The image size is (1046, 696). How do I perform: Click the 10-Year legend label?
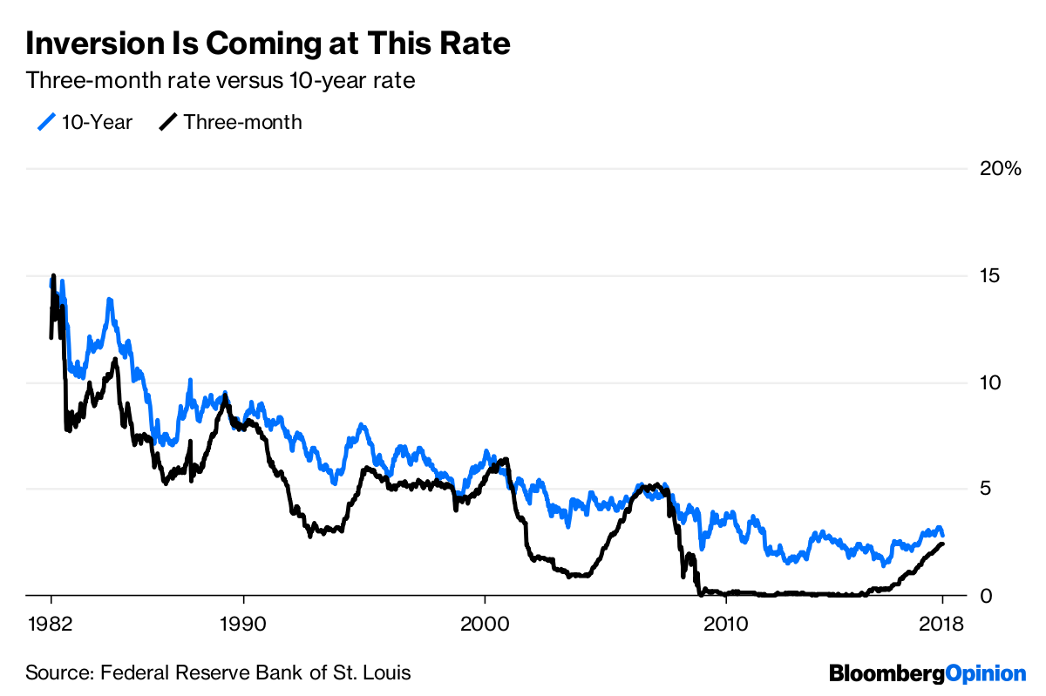(97, 122)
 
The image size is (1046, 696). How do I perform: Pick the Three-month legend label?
(242, 122)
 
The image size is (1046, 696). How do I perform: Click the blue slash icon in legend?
(46, 122)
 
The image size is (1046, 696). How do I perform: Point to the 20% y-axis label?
(1000, 169)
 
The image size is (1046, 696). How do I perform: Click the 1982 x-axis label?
(51, 624)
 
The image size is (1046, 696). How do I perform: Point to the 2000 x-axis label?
(484, 624)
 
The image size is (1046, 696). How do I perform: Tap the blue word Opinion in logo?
(986, 673)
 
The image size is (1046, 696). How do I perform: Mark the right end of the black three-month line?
(943, 544)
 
